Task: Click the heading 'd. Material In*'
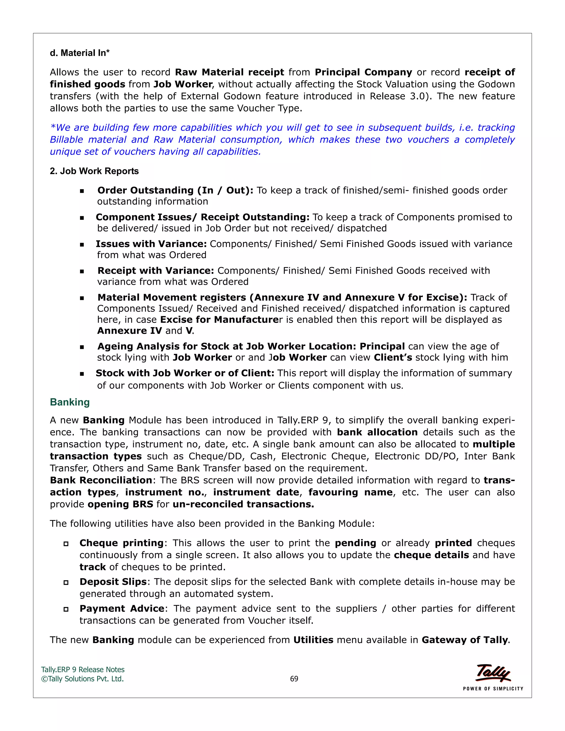80,53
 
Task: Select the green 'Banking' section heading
70,402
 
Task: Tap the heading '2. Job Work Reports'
94,171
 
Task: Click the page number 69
294,679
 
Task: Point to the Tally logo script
493,673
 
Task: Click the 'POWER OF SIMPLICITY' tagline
493,689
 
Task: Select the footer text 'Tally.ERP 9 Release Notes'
83,670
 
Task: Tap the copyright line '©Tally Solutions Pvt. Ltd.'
82,679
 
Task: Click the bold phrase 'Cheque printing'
121,543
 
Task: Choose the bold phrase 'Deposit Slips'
113,582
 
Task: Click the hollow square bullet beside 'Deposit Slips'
66,583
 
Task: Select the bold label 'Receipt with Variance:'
156,270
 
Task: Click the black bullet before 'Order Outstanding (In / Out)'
82,191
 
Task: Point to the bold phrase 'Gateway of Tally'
465,640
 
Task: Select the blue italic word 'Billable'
66,140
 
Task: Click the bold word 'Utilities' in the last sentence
313,640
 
